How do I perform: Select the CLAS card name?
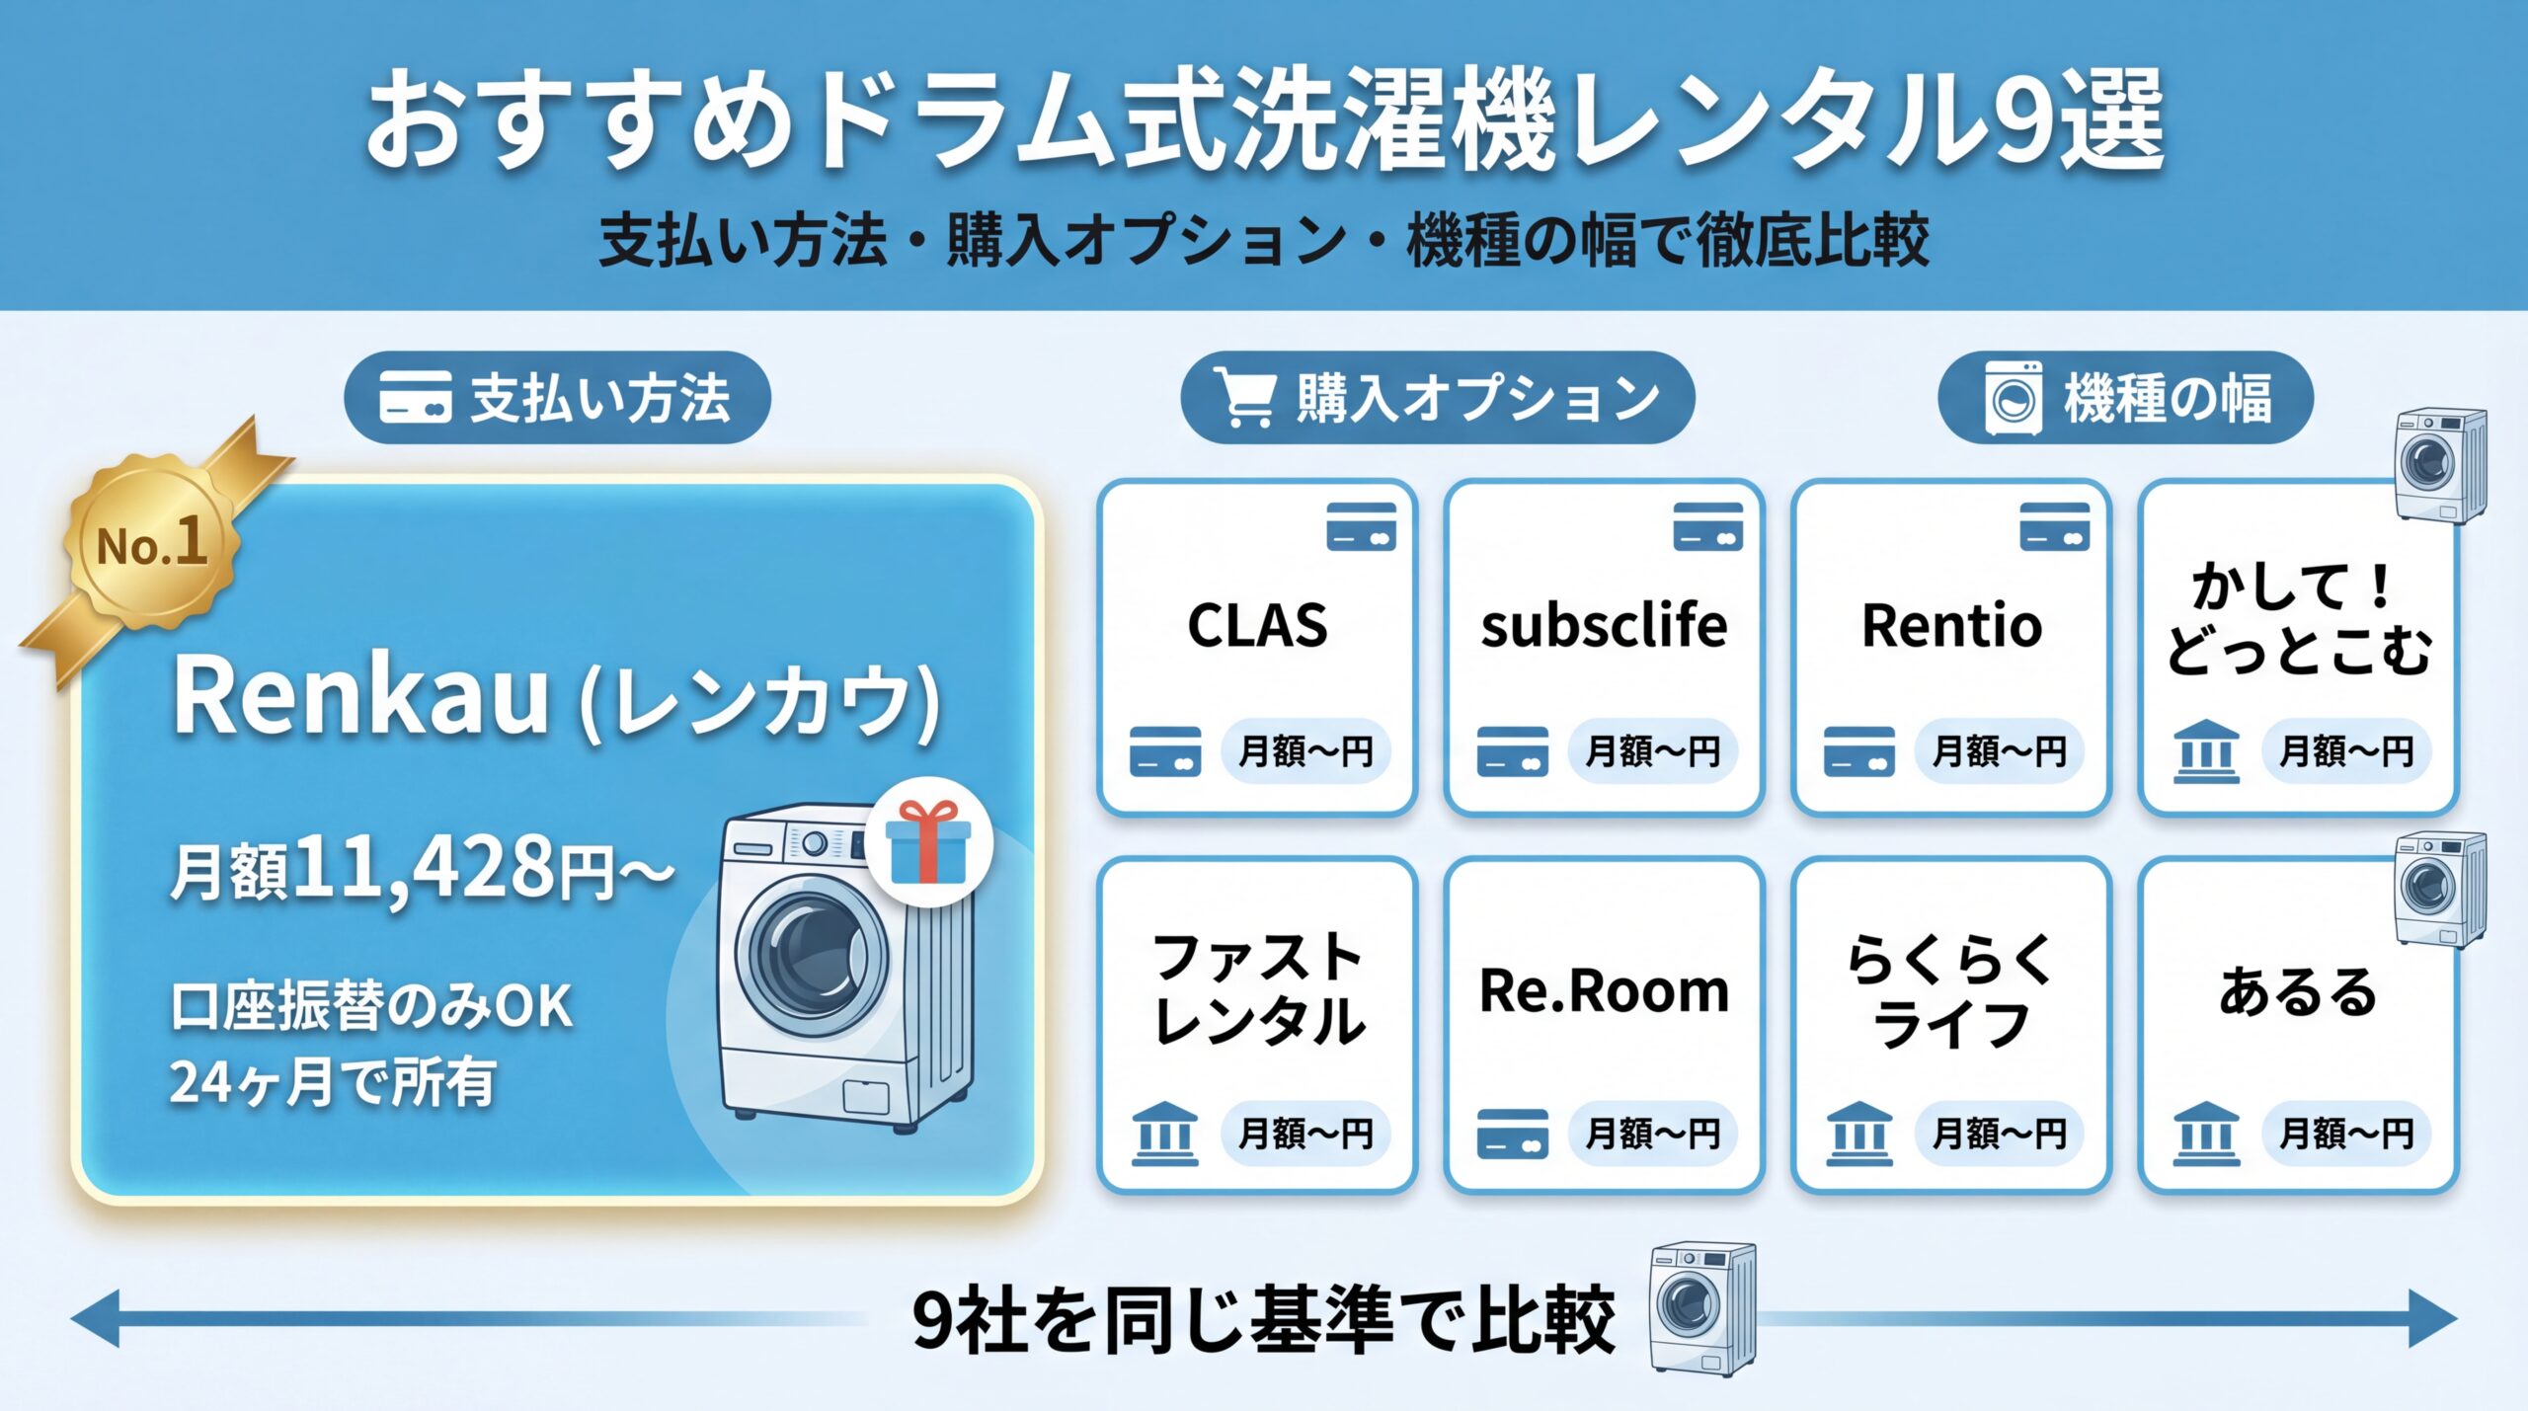pyautogui.click(x=1257, y=625)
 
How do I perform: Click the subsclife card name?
pyautogui.click(x=1604, y=625)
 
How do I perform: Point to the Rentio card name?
pyautogui.click(x=1951, y=625)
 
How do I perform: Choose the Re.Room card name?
pyautogui.click(x=1604, y=990)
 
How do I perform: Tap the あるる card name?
pyautogui.click(x=2298, y=990)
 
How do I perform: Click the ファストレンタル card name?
pyautogui.click(x=1257, y=989)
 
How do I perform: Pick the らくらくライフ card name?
pyautogui.click(x=1951, y=990)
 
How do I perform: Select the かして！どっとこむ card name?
pyautogui.click(x=2298, y=619)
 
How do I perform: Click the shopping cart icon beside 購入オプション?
pyautogui.click(x=1246, y=397)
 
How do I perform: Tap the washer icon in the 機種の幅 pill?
pyautogui.click(x=2014, y=398)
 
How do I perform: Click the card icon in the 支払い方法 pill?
pyautogui.click(x=415, y=397)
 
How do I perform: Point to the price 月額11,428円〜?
pyautogui.click(x=422, y=869)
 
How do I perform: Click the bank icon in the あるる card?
pyautogui.click(x=2206, y=1134)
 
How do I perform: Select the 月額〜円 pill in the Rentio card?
pyautogui.click(x=1999, y=751)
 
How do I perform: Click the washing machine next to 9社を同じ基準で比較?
pyautogui.click(x=1701, y=1307)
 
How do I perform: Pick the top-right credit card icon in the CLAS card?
pyautogui.click(x=1361, y=525)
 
